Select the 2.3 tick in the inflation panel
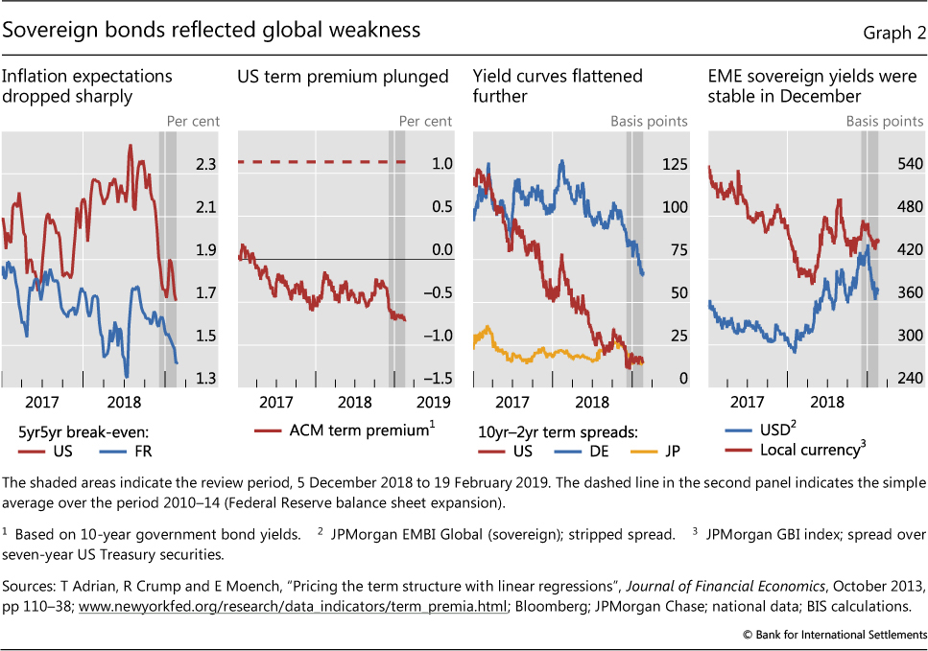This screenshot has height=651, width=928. click(206, 165)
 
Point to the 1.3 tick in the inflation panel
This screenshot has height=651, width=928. click(206, 379)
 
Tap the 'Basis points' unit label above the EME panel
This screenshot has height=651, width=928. click(884, 121)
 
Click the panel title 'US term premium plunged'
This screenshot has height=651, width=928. click(343, 76)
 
